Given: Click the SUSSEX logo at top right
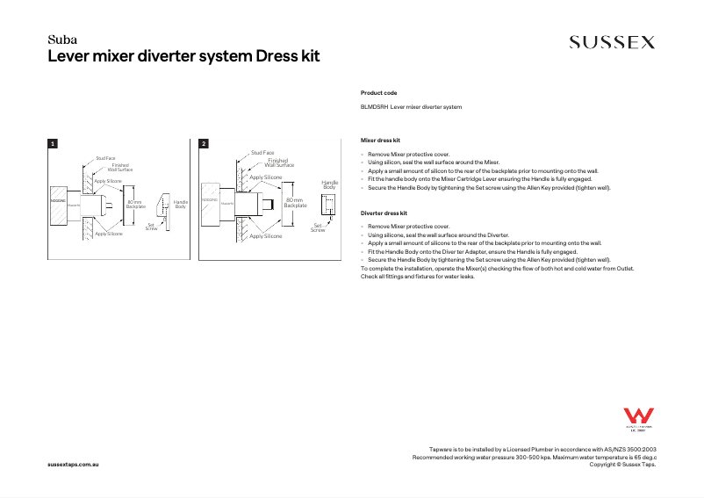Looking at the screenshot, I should click(612, 42).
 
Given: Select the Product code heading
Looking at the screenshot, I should click(378, 92).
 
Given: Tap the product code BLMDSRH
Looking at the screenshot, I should click(374, 106).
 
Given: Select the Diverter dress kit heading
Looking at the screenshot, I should click(384, 213).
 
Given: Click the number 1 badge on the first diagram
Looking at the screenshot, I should click(53, 143).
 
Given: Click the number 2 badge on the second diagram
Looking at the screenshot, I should click(204, 143).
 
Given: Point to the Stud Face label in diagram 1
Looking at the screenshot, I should click(105, 158).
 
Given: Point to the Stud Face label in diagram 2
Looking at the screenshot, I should click(262, 153).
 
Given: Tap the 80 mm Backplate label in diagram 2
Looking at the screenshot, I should click(294, 202).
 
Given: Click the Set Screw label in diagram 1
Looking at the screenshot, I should click(152, 227).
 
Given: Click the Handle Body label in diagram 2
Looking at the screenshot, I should click(329, 184).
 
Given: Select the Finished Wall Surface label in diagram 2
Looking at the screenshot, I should click(279, 163).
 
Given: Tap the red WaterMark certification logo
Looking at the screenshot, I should click(635, 418).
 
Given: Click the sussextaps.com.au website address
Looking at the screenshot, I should click(72, 463).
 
